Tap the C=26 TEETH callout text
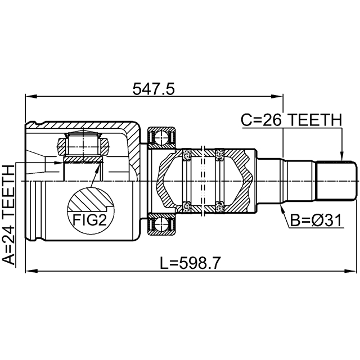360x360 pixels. [x=291, y=119]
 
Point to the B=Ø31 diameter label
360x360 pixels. [x=316, y=221]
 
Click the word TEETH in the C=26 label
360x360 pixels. [x=315, y=119]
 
